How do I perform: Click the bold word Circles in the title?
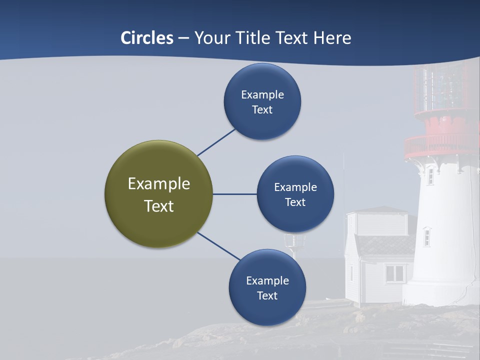coord(147,38)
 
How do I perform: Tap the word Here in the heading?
coord(332,38)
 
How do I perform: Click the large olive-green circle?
coord(158,194)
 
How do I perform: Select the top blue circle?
coord(262,102)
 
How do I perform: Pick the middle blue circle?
coord(295,194)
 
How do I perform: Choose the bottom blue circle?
coord(267,287)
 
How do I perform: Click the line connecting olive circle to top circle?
coord(216,142)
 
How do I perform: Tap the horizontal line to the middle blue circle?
coord(234,194)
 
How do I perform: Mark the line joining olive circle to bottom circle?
coord(218,246)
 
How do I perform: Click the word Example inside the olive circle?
coord(158,184)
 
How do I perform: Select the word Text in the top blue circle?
coord(262,110)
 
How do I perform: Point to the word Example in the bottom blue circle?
coord(267,280)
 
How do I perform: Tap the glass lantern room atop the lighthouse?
coord(442,90)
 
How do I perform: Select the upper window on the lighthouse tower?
coord(430,176)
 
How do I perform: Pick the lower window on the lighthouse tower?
coord(426,236)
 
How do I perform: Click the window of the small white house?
coord(395,273)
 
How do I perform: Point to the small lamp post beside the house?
coord(294,242)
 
